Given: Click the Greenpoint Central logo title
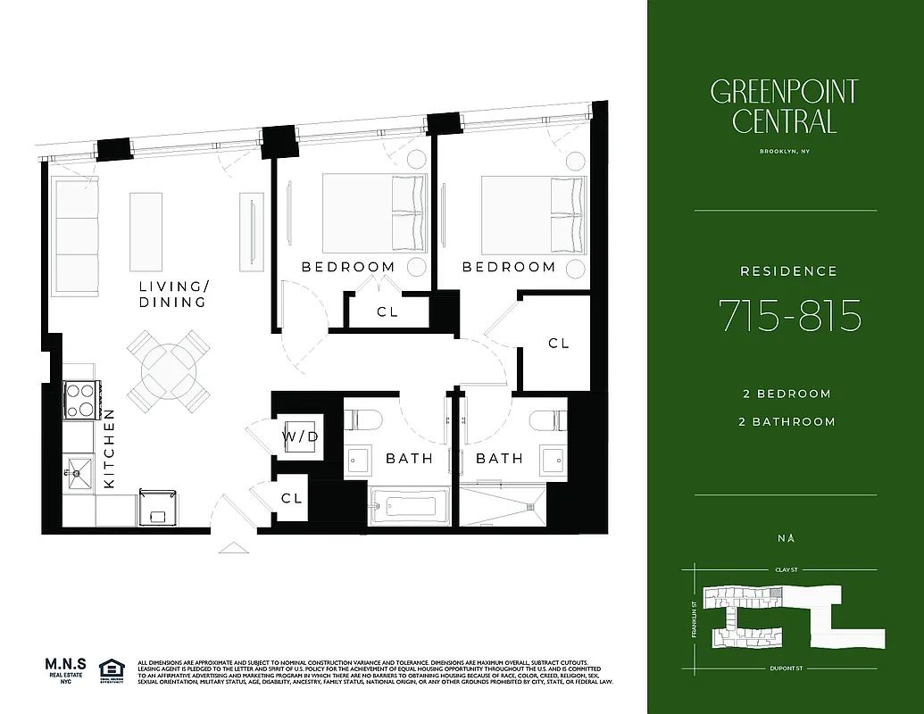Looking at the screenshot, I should [x=785, y=106].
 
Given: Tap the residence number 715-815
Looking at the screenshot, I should [x=790, y=316].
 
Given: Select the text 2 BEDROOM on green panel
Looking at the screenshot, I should [x=786, y=394].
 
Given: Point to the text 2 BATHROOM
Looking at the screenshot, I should [x=788, y=421].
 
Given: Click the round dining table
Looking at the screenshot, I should [x=170, y=369].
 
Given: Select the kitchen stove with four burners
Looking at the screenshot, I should [x=81, y=400].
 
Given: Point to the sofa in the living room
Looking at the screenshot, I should [x=75, y=230].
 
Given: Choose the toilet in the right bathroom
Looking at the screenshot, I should [x=547, y=420].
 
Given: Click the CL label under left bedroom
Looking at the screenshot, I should [x=387, y=312].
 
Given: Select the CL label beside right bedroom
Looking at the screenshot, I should [x=558, y=343].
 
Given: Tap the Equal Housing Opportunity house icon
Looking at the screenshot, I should [x=111, y=668].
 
